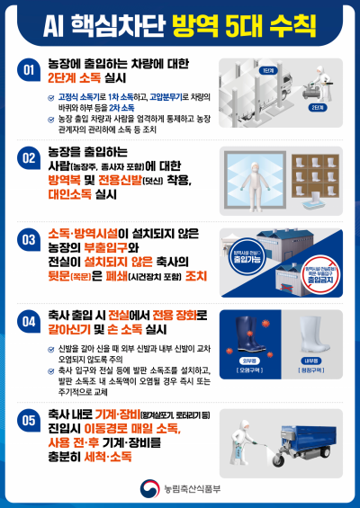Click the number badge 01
tap(29, 68)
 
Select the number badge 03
tap(29, 238)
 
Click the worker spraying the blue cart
tap(241, 434)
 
